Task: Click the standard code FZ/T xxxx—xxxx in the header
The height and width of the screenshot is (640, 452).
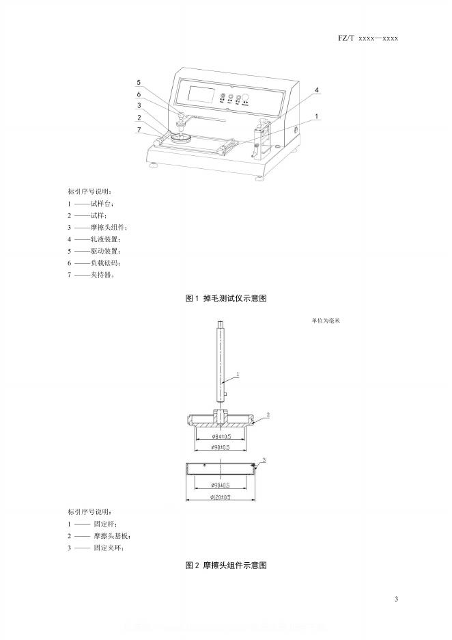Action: point(367,38)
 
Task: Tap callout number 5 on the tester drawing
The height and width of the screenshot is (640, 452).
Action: point(139,83)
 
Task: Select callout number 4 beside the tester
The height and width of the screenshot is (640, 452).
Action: point(317,90)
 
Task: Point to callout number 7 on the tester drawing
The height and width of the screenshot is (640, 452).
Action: point(139,130)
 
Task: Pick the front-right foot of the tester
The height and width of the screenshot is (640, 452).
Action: point(260,178)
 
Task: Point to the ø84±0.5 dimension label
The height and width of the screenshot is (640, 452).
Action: point(221,436)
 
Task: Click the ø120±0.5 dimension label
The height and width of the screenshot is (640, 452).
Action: point(221,498)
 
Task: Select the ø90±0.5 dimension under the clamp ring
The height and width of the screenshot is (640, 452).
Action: point(221,485)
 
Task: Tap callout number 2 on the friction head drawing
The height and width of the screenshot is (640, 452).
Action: point(268,415)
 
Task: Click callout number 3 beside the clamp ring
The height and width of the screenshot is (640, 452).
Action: point(264,459)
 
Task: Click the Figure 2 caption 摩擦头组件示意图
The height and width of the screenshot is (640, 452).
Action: point(225,565)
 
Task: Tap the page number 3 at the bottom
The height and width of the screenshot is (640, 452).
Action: point(396,600)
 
